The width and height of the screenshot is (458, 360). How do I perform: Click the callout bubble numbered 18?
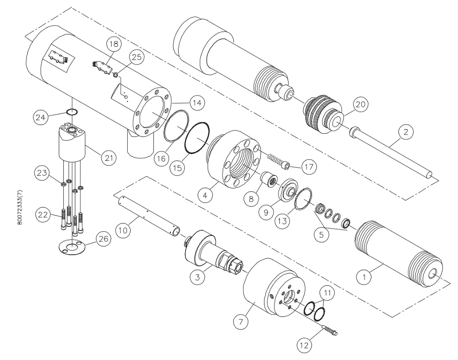[x=114, y=44]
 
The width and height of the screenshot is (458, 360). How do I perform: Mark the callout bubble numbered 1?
[x=365, y=277]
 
